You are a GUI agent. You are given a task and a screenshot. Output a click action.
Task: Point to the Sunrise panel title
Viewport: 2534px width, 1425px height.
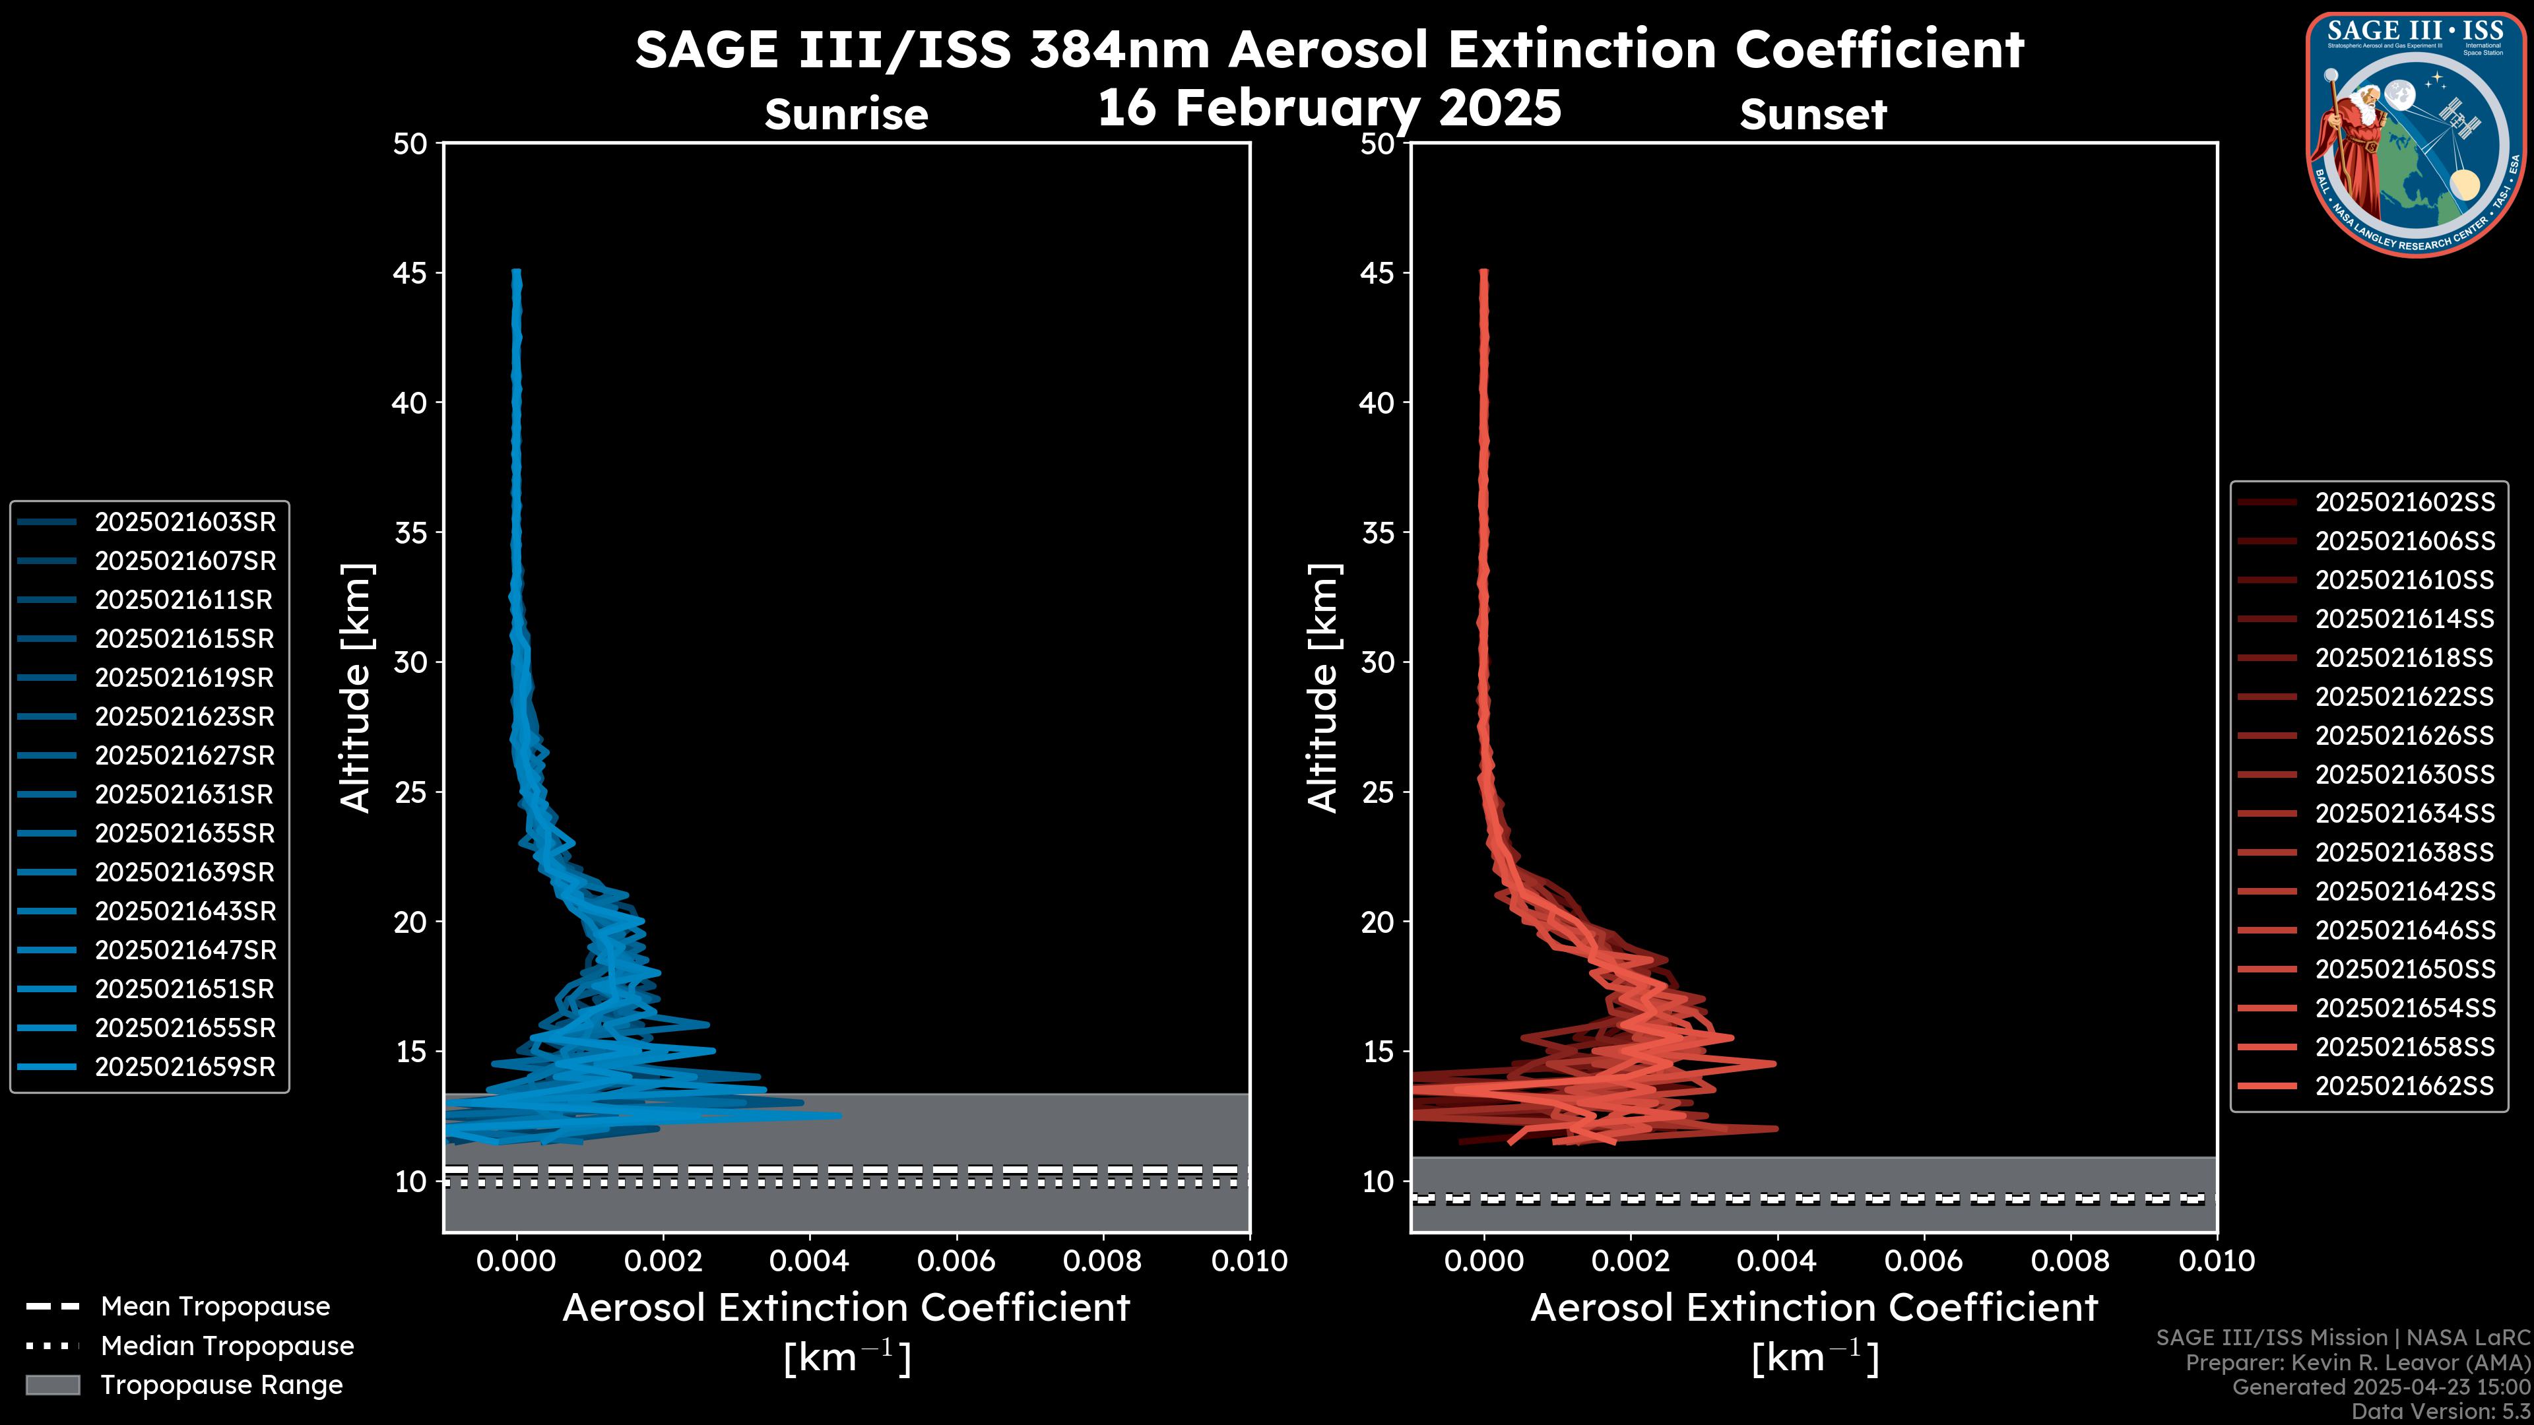[846, 115]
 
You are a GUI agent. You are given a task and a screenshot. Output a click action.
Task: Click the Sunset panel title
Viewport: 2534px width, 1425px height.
[1813, 115]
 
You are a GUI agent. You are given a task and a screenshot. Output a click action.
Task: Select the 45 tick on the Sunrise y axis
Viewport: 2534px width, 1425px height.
[410, 273]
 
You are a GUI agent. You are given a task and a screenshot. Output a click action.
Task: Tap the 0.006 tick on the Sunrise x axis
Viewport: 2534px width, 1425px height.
[956, 1261]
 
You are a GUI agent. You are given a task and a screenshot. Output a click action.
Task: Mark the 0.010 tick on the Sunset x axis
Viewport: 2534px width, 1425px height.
[2217, 1261]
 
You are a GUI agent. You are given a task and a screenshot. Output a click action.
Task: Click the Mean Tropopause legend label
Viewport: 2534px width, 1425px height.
[215, 1307]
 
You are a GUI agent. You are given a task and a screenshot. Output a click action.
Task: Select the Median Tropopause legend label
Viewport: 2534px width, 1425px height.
[227, 1346]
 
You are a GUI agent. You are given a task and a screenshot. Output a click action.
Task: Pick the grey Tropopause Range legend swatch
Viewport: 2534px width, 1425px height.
[52, 1385]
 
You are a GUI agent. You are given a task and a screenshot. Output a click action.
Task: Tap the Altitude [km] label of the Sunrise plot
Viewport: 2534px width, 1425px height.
[355, 687]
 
